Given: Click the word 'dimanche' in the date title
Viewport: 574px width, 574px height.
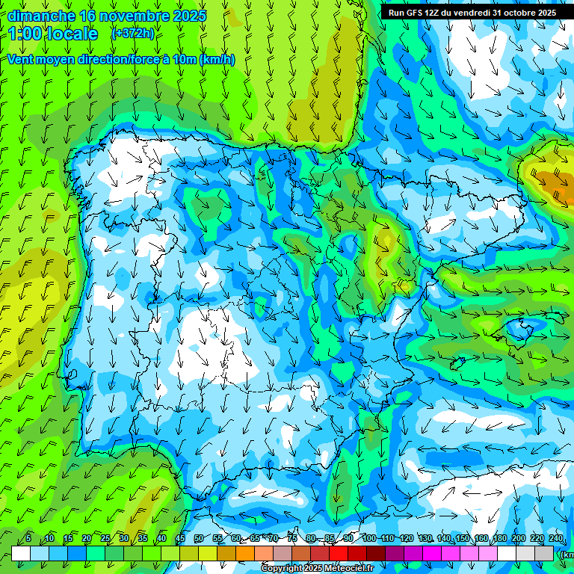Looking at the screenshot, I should [x=41, y=16].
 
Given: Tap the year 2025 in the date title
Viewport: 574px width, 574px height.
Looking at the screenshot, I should [x=191, y=16].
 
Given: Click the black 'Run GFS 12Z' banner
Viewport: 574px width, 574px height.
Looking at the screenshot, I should [x=472, y=13].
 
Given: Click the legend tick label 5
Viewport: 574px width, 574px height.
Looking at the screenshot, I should [x=28, y=539].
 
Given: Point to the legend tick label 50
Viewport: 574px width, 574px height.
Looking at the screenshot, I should [x=198, y=539].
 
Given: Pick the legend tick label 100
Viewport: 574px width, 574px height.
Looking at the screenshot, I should [x=368, y=539].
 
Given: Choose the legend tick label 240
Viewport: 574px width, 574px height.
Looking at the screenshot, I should [x=556, y=539].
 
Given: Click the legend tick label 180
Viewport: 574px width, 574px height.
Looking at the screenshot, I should [x=500, y=539].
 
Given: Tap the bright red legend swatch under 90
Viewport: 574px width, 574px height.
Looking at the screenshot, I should [x=339, y=554].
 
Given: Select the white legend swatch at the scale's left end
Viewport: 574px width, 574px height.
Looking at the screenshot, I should [x=21, y=554].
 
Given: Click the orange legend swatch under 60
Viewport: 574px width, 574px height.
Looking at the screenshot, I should [x=245, y=554].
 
